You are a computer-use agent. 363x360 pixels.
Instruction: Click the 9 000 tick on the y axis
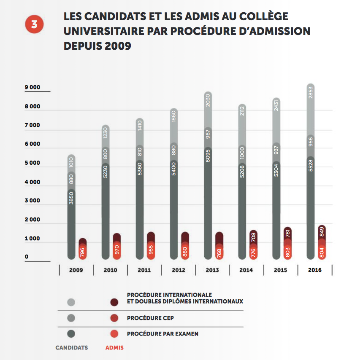coord(32,88)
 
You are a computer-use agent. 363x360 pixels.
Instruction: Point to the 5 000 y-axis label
coord(32,163)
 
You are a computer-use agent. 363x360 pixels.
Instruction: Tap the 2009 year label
coord(76,270)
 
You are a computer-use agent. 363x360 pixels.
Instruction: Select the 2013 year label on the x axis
coord(212,270)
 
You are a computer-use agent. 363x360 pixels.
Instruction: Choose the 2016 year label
coord(314,270)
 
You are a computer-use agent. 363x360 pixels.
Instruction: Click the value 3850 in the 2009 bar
coord(72,198)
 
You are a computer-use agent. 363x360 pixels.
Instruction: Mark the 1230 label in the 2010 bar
coord(106,134)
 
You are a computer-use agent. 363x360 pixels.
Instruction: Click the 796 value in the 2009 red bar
coord(83,252)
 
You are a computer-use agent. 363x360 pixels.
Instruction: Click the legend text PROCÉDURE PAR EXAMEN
coord(163,334)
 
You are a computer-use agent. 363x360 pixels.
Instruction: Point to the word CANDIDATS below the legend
coord(72,348)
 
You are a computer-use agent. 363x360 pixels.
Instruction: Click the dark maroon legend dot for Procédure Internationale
coord(114,302)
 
